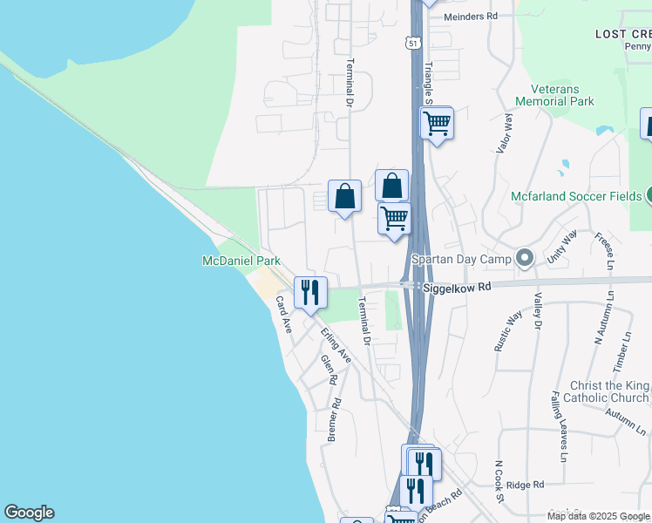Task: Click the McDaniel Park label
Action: (x=241, y=261)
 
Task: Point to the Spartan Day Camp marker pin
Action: (x=524, y=258)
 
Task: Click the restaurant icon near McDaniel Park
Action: (x=310, y=292)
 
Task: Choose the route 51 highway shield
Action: (x=413, y=42)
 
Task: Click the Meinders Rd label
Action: (x=470, y=17)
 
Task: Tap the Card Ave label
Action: (x=284, y=315)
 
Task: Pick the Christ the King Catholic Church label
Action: (x=610, y=392)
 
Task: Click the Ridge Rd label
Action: (x=525, y=485)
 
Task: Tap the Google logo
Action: (x=29, y=513)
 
